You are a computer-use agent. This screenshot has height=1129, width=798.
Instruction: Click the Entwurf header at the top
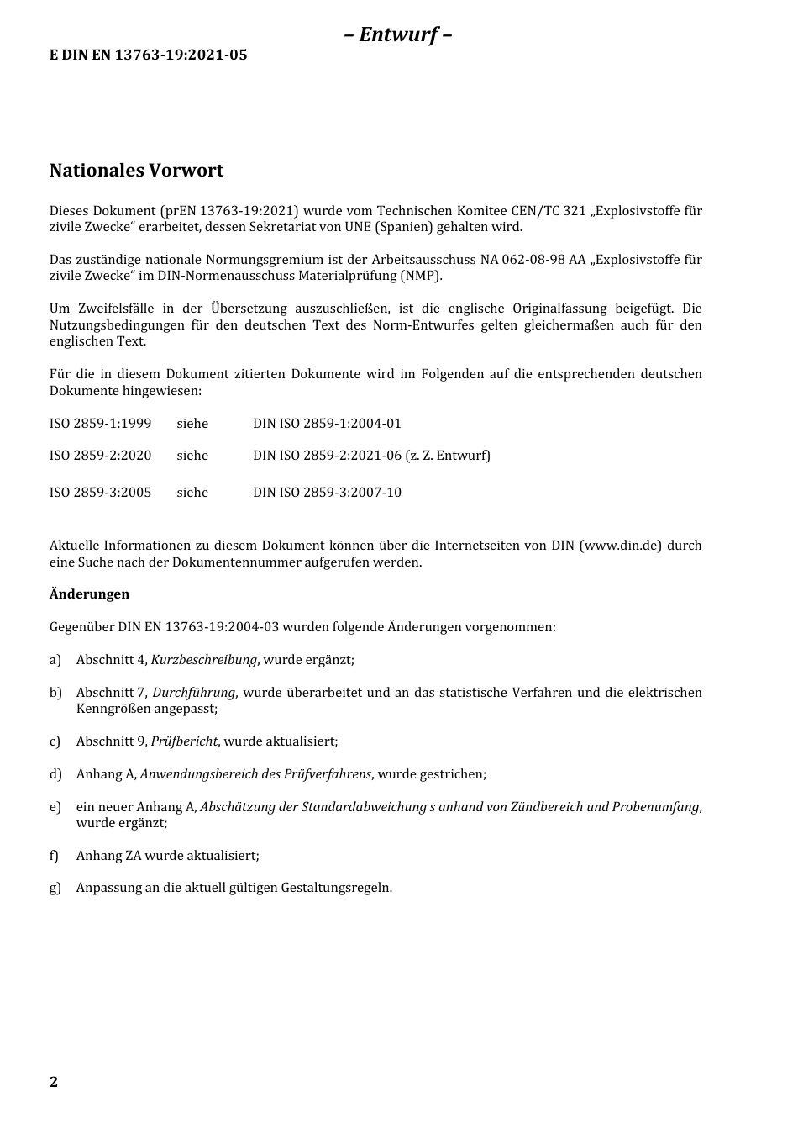point(398,34)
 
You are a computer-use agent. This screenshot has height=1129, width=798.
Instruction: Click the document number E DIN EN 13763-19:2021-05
point(148,55)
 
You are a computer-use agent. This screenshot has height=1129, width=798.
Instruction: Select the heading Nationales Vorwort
point(136,171)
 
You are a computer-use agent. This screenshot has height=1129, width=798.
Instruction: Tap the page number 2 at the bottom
point(54,1082)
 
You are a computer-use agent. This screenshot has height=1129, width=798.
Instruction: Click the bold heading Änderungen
point(89,594)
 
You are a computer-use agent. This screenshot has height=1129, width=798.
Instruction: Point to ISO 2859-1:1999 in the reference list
point(100,424)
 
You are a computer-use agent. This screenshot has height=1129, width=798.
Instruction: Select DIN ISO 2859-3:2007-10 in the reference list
point(327,493)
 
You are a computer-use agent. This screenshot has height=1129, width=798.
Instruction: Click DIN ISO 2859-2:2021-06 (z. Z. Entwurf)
point(371,456)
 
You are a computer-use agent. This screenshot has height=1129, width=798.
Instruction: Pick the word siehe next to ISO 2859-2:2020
point(192,456)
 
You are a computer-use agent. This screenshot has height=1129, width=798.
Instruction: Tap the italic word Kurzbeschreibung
point(203,660)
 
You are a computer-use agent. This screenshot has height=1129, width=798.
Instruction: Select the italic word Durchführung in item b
point(193,693)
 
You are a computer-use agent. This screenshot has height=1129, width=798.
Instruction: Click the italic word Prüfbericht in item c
point(184,741)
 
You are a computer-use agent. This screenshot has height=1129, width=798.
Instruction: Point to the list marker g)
point(55,888)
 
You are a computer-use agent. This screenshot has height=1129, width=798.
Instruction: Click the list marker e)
point(55,807)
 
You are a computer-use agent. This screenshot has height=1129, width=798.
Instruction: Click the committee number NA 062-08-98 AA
point(533,260)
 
